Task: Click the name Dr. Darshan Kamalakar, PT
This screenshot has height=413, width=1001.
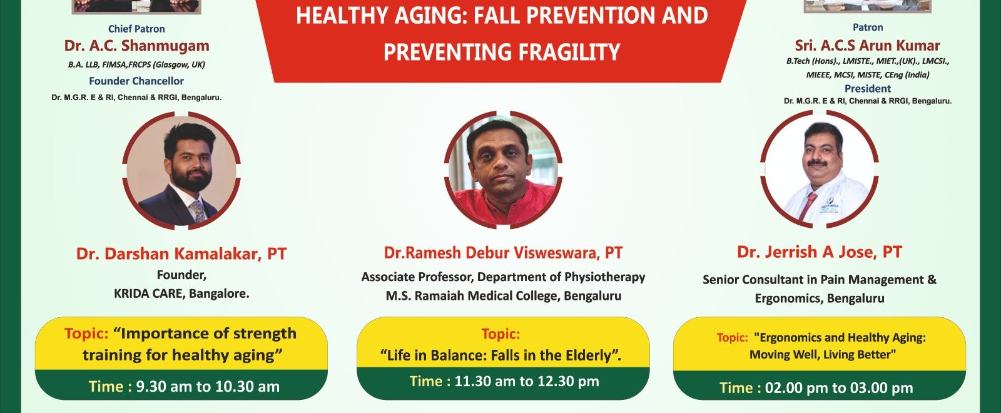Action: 181,254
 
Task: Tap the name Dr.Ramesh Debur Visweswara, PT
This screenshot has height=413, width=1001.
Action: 503,253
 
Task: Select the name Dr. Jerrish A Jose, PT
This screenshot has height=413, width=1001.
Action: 820,252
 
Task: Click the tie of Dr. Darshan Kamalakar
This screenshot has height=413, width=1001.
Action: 197,211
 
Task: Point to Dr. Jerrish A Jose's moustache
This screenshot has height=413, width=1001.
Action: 817,163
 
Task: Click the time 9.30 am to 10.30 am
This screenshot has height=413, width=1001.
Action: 207,387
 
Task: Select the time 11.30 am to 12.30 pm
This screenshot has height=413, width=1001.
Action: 526,381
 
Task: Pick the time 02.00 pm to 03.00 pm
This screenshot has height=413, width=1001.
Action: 839,388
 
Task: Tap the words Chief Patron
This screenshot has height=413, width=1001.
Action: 136,29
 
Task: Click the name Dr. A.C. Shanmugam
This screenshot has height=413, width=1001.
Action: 137,46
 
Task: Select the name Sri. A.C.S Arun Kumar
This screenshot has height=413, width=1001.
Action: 867,45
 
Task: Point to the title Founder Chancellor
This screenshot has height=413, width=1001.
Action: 136,81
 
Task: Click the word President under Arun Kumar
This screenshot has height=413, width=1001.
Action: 867,88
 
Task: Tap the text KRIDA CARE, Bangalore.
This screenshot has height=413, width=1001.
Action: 181,293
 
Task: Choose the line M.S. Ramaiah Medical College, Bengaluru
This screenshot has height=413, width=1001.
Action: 504,296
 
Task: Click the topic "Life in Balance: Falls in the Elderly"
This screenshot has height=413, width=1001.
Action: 500,356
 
